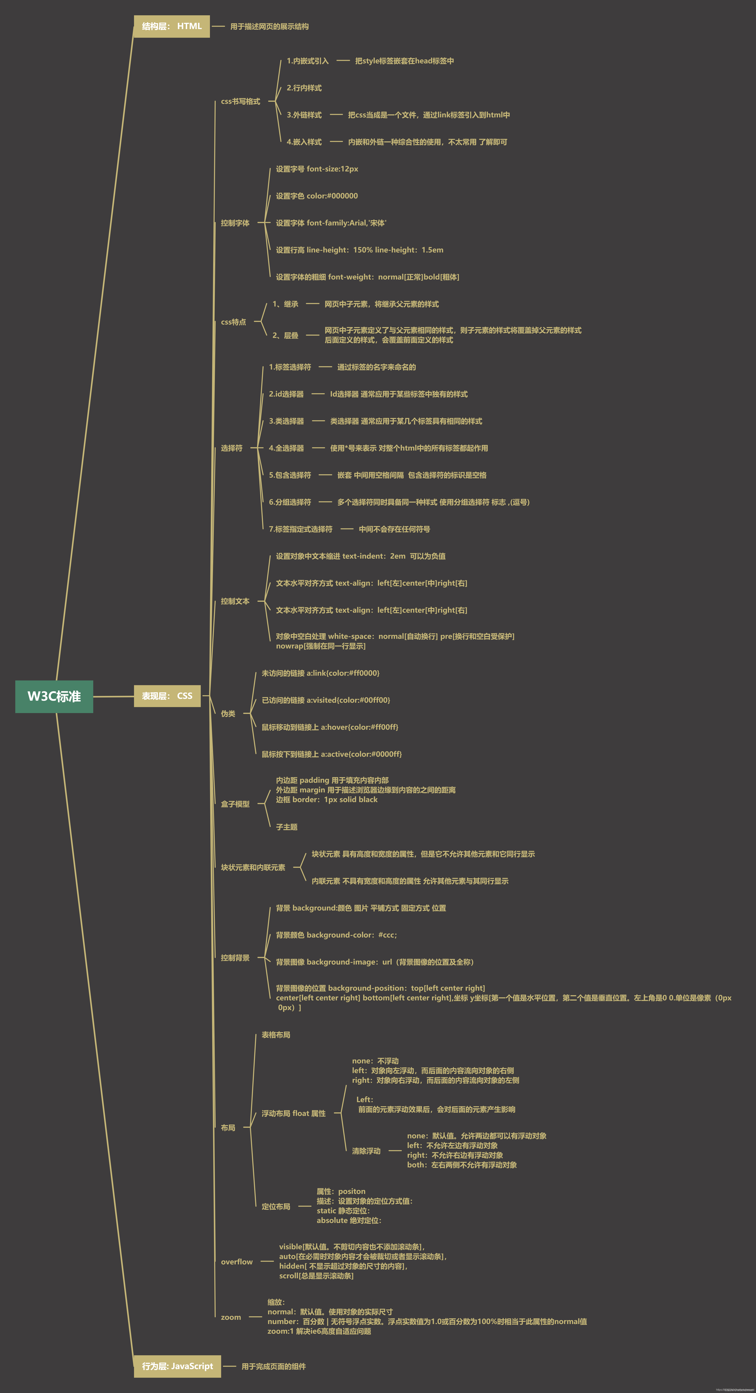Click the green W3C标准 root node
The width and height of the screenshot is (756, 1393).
[54, 697]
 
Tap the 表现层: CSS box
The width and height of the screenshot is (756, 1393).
[167, 696]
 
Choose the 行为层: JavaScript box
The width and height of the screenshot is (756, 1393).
[177, 1366]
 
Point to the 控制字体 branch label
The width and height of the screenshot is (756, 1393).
[235, 223]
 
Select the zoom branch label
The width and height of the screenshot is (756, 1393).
[231, 1317]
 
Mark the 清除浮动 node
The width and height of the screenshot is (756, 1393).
[366, 1151]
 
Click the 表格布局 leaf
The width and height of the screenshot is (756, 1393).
[276, 1035]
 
